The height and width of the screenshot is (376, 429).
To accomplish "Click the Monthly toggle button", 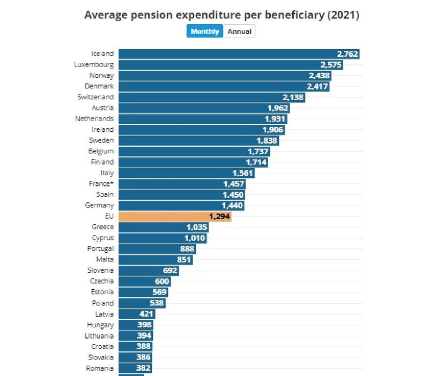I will tap(204, 32).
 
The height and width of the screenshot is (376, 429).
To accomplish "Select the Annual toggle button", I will tap(239, 32).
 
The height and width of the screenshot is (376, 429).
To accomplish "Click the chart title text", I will tap(221, 15).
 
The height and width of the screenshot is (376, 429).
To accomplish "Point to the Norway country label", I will tap(101, 76).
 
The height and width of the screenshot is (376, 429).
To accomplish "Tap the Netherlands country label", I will tap(94, 118).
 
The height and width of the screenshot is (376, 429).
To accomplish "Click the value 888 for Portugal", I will tap(184, 249).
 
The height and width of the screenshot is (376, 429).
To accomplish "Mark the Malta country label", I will tap(105, 260).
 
